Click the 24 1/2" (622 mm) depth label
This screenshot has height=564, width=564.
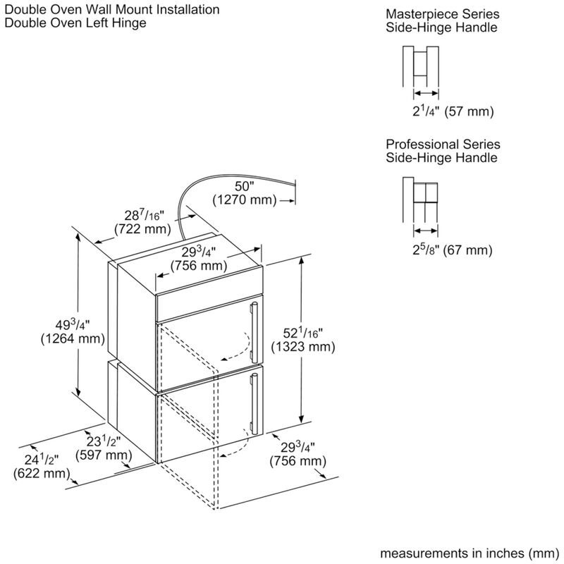(36, 466)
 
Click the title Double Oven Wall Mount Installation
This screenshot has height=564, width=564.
(111, 10)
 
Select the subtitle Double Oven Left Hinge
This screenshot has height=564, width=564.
(75, 23)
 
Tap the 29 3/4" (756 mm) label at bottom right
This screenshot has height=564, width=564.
(298, 455)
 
